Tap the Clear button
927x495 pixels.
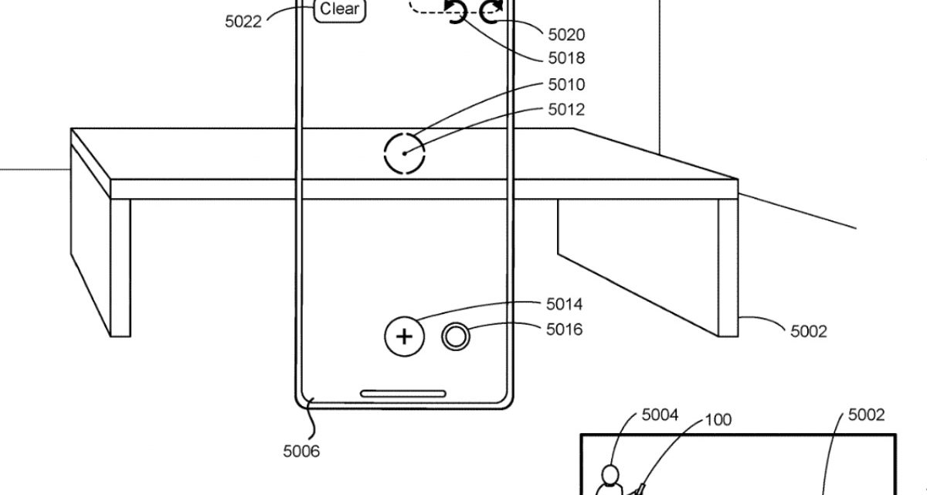pyautogui.click(x=340, y=10)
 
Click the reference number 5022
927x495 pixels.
pyautogui.click(x=243, y=22)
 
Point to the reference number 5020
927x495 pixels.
pyautogui.click(x=566, y=34)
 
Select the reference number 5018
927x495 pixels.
pyautogui.click(x=566, y=58)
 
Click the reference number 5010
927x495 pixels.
pyautogui.click(x=566, y=84)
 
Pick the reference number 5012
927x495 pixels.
pyautogui.click(x=566, y=110)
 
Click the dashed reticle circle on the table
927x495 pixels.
pyautogui.click(x=405, y=152)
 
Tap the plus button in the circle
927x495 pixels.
pyautogui.click(x=405, y=336)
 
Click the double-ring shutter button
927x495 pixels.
pyautogui.click(x=457, y=336)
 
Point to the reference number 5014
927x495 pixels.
pyautogui.click(x=565, y=305)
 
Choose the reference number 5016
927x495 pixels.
pyautogui.click(x=565, y=330)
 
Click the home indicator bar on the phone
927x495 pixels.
pyautogui.click(x=403, y=394)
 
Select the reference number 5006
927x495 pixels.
pyautogui.click(x=301, y=451)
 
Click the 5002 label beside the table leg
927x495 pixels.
pyautogui.click(x=809, y=331)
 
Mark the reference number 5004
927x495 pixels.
pyautogui.click(x=660, y=415)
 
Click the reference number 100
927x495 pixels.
pyautogui.click(x=718, y=420)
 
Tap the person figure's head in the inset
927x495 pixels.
pyautogui.click(x=611, y=472)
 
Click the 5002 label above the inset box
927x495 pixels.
pyautogui.click(x=867, y=415)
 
